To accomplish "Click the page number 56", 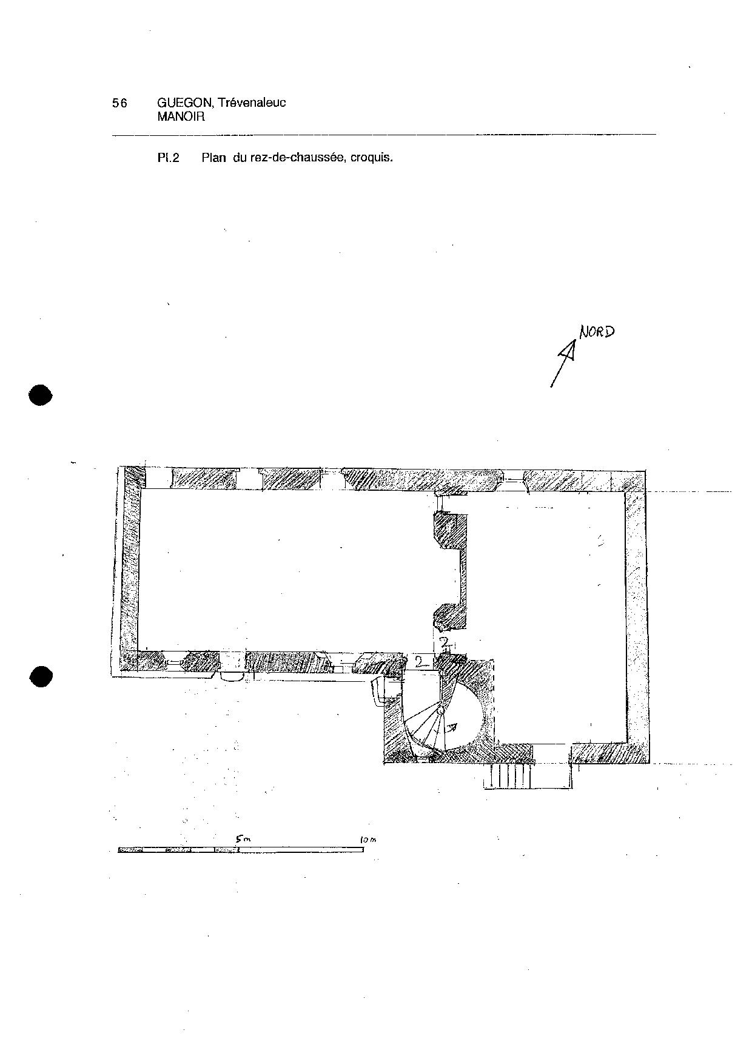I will coord(119,103).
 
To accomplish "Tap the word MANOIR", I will coord(181,117).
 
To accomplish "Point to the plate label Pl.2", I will coord(168,158).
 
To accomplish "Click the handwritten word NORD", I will coord(597,332).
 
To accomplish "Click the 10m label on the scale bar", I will coord(367,840).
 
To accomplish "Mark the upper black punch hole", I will coord(41,395).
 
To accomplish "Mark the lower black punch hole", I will coord(41,676).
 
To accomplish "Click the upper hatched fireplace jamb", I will coord(449,530).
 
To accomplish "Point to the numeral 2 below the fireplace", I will coord(445,642).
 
